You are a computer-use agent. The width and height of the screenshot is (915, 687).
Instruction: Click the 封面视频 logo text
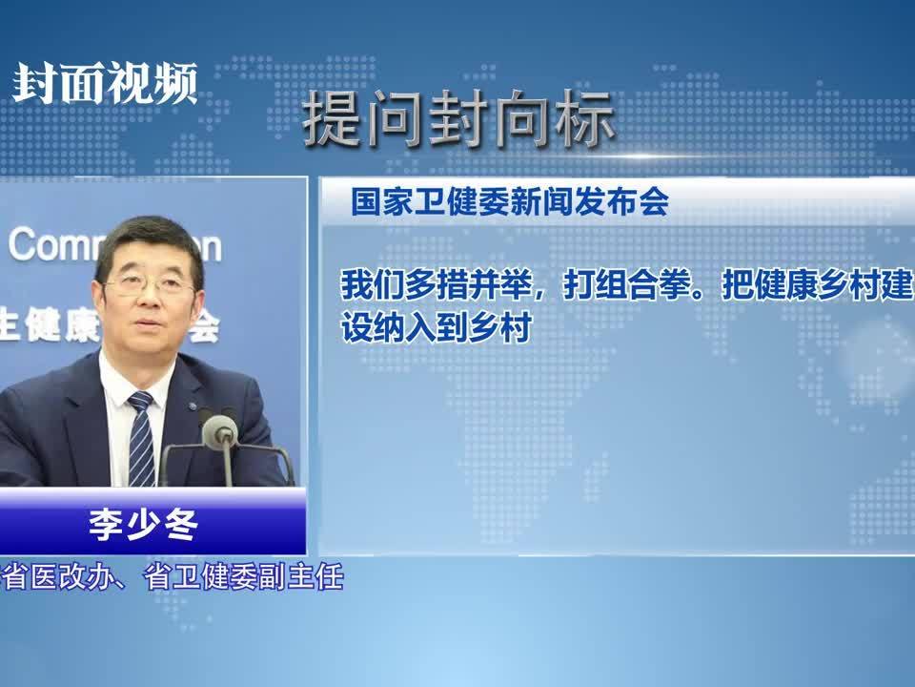105,84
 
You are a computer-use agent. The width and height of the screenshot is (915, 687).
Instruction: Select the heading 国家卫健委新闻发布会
509,202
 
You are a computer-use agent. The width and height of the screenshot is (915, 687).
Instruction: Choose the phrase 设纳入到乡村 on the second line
435,327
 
